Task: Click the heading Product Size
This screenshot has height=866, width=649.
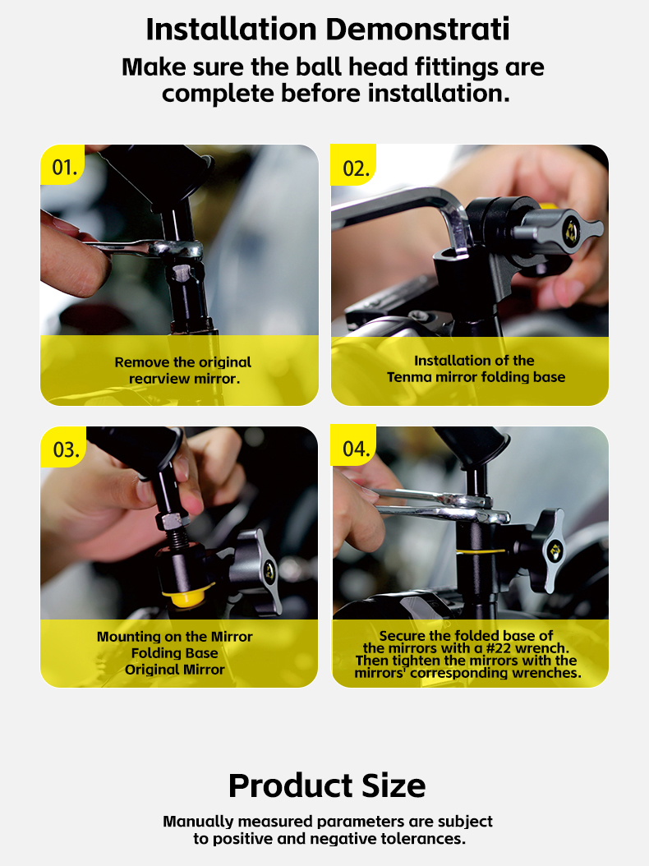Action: tap(327, 785)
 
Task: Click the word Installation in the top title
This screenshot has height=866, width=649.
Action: tap(232, 30)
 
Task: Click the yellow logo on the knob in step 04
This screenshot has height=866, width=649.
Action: tap(554, 550)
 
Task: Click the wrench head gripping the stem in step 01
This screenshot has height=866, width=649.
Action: tap(176, 250)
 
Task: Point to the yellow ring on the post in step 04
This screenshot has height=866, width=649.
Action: tap(480, 551)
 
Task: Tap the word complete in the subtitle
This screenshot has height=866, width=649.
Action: tap(219, 93)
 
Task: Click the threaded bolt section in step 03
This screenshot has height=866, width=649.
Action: tap(177, 539)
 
